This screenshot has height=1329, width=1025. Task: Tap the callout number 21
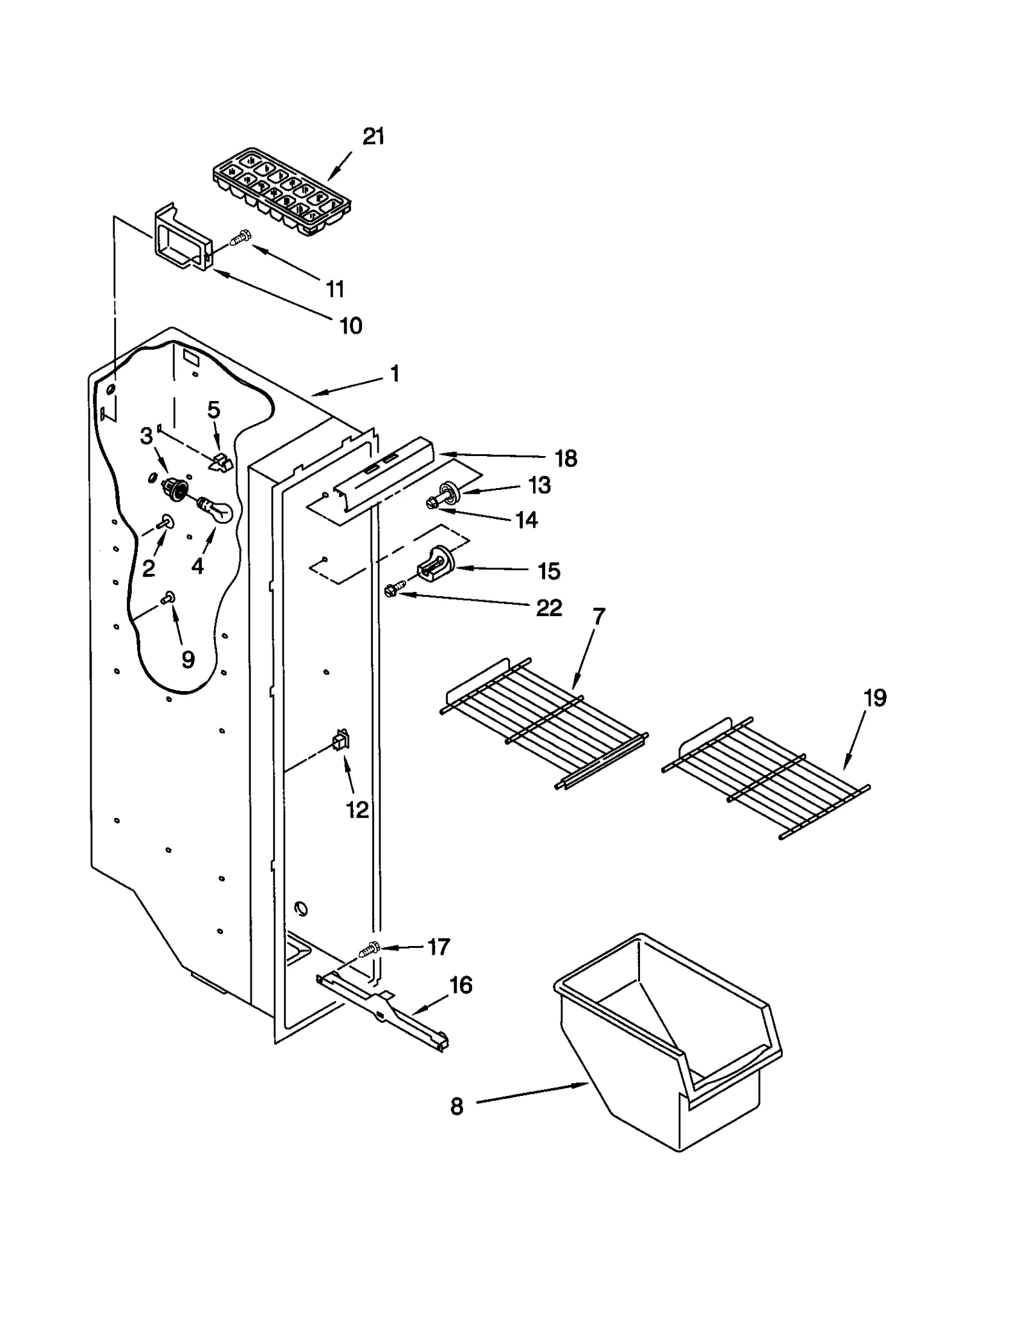click(x=373, y=136)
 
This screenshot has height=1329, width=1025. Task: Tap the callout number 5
click(x=213, y=410)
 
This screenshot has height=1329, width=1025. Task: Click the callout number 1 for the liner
click(x=395, y=373)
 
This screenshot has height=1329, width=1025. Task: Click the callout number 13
click(x=539, y=485)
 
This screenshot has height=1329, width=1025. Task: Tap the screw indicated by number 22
click(x=393, y=589)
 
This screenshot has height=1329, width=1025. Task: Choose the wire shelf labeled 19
click(x=766, y=777)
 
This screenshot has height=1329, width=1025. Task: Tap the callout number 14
click(x=527, y=519)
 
